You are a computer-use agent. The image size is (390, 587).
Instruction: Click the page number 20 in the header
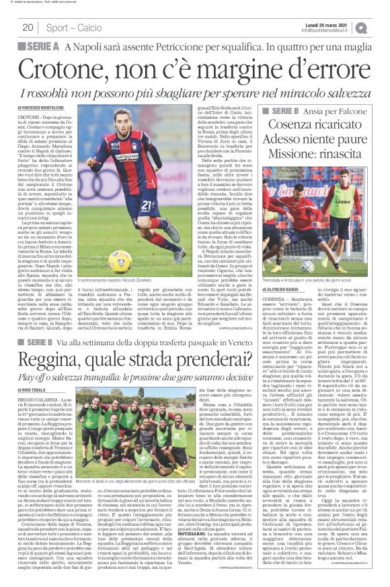[28, 28]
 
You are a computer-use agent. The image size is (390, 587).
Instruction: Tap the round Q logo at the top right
[381, 28]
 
